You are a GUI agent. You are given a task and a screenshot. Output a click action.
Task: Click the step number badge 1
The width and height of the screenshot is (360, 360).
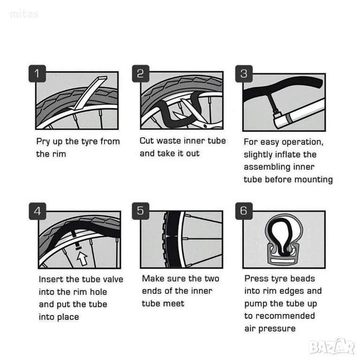[x=37, y=74]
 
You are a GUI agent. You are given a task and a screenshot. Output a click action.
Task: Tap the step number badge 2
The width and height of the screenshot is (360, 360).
[x=141, y=74]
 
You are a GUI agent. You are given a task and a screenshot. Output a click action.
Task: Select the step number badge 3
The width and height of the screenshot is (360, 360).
[x=244, y=74]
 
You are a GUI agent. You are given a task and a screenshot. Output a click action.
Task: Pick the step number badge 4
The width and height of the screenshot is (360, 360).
[x=37, y=211]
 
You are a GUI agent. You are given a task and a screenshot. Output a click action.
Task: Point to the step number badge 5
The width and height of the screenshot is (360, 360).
[x=141, y=211]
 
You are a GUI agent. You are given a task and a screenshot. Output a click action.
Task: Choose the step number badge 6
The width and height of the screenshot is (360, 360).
[x=244, y=211]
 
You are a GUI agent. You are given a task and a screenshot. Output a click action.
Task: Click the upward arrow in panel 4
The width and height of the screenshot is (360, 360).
[x=82, y=259]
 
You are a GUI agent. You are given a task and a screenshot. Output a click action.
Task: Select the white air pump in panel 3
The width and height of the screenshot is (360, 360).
[x=299, y=113]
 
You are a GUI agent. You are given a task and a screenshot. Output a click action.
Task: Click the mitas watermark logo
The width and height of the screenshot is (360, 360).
[x=24, y=14]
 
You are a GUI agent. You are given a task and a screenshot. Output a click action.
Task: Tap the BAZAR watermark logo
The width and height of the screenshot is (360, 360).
[x=331, y=347]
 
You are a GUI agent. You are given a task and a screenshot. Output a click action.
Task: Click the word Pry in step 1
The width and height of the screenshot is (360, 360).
[x=43, y=142]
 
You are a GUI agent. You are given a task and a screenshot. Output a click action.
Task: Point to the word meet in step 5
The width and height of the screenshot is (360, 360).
[x=176, y=304]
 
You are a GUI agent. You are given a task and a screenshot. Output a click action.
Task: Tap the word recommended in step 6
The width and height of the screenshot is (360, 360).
[x=285, y=316]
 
